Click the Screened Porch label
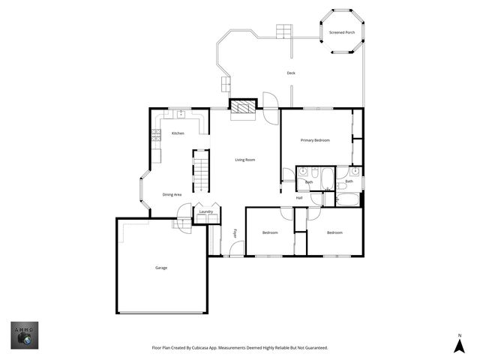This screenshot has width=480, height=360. pyautogui.click(x=341, y=32)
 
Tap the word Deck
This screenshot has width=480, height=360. pyautogui.click(x=291, y=73)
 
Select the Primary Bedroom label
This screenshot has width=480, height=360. pyautogui.click(x=315, y=140)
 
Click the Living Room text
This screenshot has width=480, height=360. pyautogui.click(x=245, y=160)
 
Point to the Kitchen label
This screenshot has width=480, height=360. pyautogui.click(x=178, y=133)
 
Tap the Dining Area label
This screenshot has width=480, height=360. pyautogui.click(x=173, y=195)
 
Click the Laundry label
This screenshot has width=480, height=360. pyautogui.click(x=205, y=212)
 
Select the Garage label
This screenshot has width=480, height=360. pyautogui.click(x=161, y=268)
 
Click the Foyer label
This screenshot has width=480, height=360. pyautogui.click(x=235, y=233)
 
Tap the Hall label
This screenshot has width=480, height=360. pyautogui.click(x=299, y=198)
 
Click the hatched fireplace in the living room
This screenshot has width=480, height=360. pyautogui.click(x=242, y=109)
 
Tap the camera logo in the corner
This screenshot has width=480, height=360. pyautogui.click(x=24, y=335)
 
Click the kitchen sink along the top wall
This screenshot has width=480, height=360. pyautogui.click(x=181, y=114)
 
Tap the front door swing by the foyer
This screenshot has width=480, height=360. pyautogui.click(x=235, y=250)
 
